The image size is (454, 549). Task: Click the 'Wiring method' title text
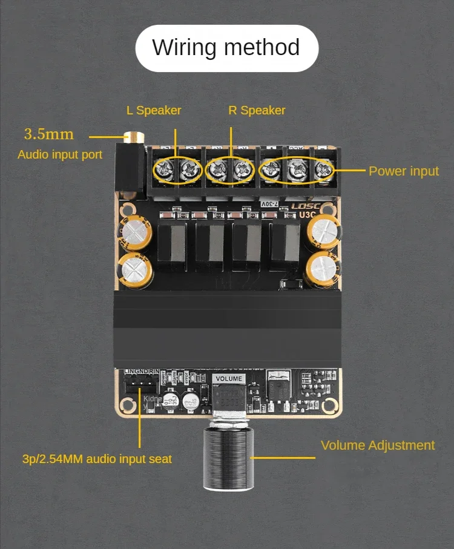pos(226,48)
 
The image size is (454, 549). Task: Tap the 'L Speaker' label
pos(154,110)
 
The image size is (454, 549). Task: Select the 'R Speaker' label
pos(257,110)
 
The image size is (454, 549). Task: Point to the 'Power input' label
pos(403,171)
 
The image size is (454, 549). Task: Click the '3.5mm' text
pos(48,134)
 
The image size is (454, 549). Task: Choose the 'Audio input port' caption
pos(60,154)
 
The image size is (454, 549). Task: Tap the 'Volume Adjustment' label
pos(377,445)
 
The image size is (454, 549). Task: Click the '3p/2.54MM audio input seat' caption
pos(97,459)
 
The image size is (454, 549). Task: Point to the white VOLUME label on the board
pos(229,379)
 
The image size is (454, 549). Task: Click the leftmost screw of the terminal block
pos(164,171)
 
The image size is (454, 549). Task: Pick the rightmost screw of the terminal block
pos(324,171)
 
